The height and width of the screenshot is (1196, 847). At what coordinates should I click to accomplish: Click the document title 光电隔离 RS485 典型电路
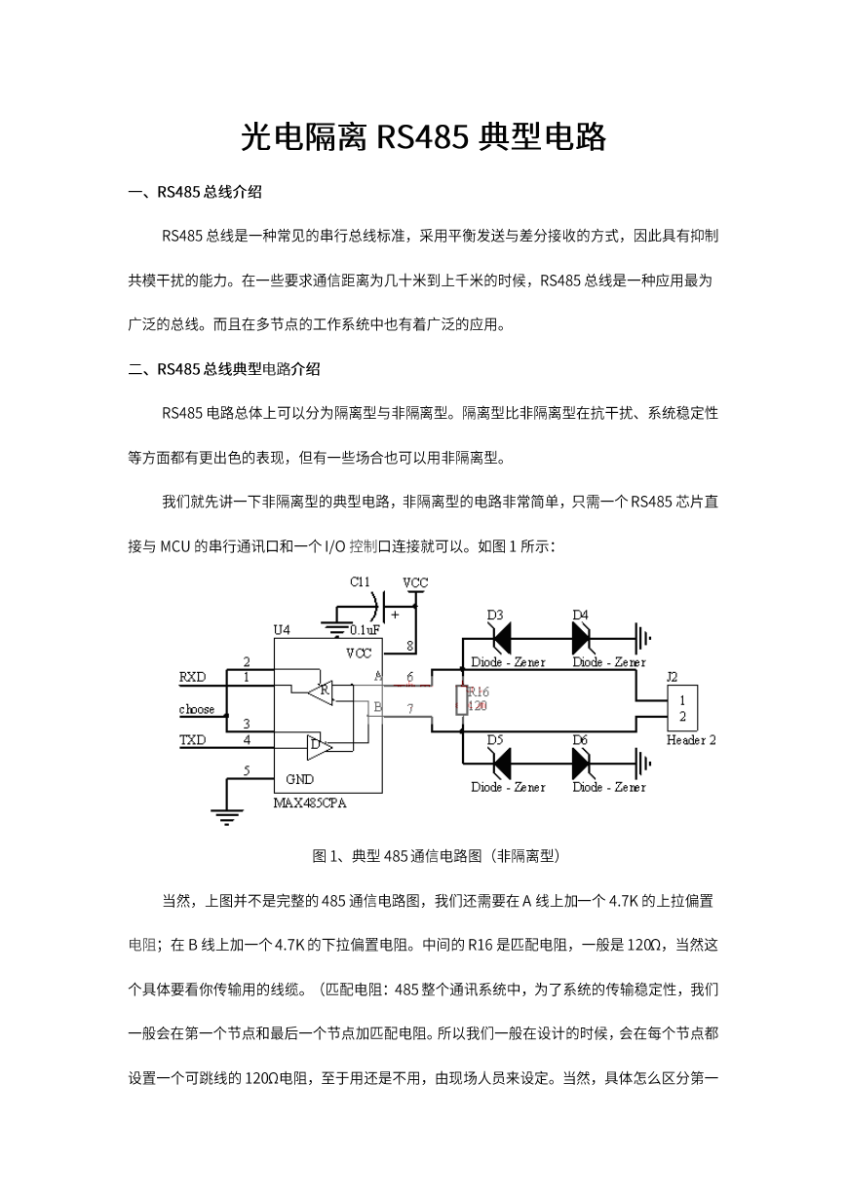423,136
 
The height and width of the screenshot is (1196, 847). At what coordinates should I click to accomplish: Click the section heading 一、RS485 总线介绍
195,192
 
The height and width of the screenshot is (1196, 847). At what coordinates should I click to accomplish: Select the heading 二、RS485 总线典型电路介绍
224,369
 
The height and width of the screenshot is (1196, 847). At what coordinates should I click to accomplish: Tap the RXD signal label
192,677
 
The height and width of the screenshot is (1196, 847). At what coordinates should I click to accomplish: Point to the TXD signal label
192,740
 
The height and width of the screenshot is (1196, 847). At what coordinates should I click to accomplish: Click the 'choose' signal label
197,709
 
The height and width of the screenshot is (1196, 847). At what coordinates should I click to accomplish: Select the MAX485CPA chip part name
310,804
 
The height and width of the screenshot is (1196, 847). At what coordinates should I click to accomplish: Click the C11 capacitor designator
360,582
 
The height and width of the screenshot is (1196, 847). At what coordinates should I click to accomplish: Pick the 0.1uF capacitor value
365,630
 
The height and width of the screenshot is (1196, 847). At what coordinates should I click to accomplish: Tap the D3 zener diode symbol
501,639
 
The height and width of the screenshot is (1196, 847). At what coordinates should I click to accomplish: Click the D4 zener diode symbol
581,639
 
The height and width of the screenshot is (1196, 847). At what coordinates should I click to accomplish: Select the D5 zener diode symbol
501,764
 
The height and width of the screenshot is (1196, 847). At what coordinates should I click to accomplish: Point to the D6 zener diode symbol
581,764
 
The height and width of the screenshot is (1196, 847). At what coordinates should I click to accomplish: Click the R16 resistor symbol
462,700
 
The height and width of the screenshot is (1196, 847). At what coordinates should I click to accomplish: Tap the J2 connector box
682,708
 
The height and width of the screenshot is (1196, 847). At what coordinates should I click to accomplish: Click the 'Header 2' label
691,740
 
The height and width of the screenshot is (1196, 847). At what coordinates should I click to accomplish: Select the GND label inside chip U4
300,779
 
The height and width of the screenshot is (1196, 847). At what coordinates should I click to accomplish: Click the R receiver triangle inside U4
321,692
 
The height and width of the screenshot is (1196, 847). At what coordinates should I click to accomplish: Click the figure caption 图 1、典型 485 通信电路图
436,856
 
